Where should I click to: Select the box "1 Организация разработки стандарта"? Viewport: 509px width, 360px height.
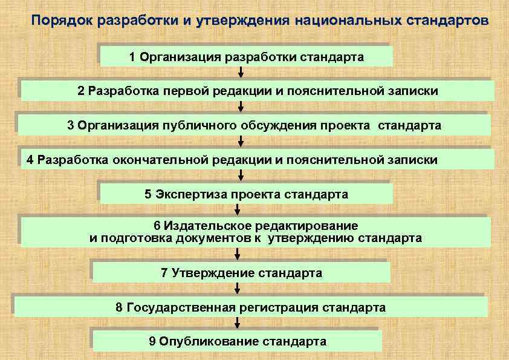click(x=246, y=57)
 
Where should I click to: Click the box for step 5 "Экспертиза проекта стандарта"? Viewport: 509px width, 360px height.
click(x=246, y=194)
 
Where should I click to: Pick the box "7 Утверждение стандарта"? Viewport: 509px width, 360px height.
click(x=241, y=273)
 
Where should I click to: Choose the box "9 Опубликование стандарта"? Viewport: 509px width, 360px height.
click(x=238, y=341)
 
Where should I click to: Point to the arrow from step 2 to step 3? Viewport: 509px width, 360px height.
click(x=241, y=108)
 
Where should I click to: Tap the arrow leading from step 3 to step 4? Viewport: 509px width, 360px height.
click(x=241, y=142)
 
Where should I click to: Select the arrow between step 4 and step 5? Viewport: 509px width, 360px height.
click(x=241, y=176)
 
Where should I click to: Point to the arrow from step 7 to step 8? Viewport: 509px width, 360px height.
click(x=238, y=289)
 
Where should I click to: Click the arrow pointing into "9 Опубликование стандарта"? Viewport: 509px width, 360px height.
click(x=238, y=323)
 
